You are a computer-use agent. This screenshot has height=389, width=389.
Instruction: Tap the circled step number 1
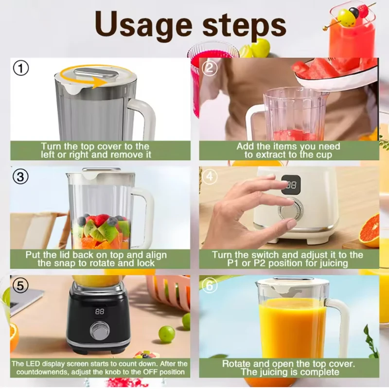pos(21,69)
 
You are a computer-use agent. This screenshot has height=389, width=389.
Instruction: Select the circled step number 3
pos(21,177)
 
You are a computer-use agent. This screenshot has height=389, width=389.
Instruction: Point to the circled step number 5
pos(21,285)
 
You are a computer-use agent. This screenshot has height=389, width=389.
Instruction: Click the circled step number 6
pos(210,285)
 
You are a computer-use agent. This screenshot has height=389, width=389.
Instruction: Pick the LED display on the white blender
pos(291,185)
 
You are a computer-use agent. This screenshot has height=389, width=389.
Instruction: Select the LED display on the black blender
pos(100,311)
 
